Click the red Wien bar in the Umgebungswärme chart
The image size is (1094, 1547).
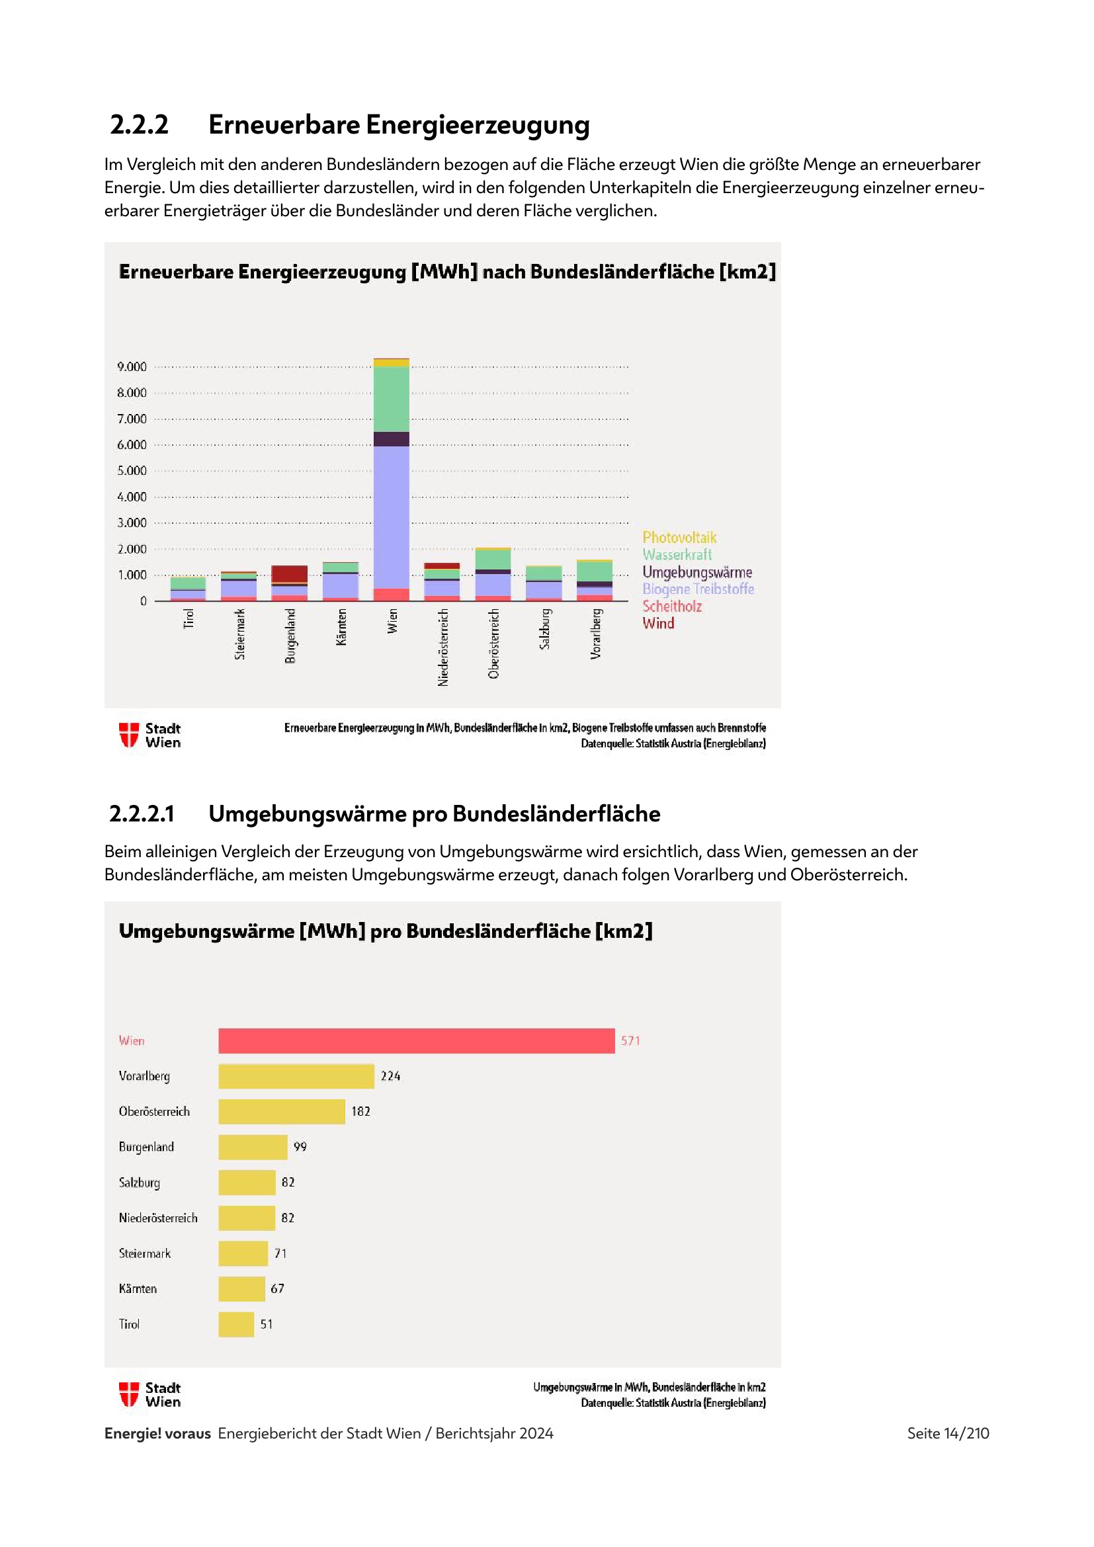point(416,1040)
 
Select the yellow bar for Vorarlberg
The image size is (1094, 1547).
point(296,1076)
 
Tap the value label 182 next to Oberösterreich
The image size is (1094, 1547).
point(360,1111)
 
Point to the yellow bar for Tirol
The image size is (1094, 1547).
point(235,1324)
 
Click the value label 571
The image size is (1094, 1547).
point(630,1040)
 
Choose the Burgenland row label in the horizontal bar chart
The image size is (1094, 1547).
point(146,1147)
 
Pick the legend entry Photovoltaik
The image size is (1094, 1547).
point(679,538)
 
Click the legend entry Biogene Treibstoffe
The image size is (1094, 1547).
point(698,589)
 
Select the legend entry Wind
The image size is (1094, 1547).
point(658,623)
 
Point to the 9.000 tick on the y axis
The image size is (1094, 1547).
point(132,366)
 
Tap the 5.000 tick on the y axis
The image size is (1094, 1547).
point(132,470)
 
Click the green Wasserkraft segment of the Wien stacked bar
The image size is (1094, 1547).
point(392,399)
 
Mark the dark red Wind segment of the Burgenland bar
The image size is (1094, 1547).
point(290,573)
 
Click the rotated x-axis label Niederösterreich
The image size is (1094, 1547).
point(442,648)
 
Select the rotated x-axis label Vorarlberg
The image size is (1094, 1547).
point(595,634)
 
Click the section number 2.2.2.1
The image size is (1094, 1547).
point(142,814)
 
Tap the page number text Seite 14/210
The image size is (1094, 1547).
point(947,1433)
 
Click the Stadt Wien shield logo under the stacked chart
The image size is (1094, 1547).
point(129,734)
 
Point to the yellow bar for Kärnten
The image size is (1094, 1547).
point(241,1288)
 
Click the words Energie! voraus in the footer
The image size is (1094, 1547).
point(157,1433)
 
